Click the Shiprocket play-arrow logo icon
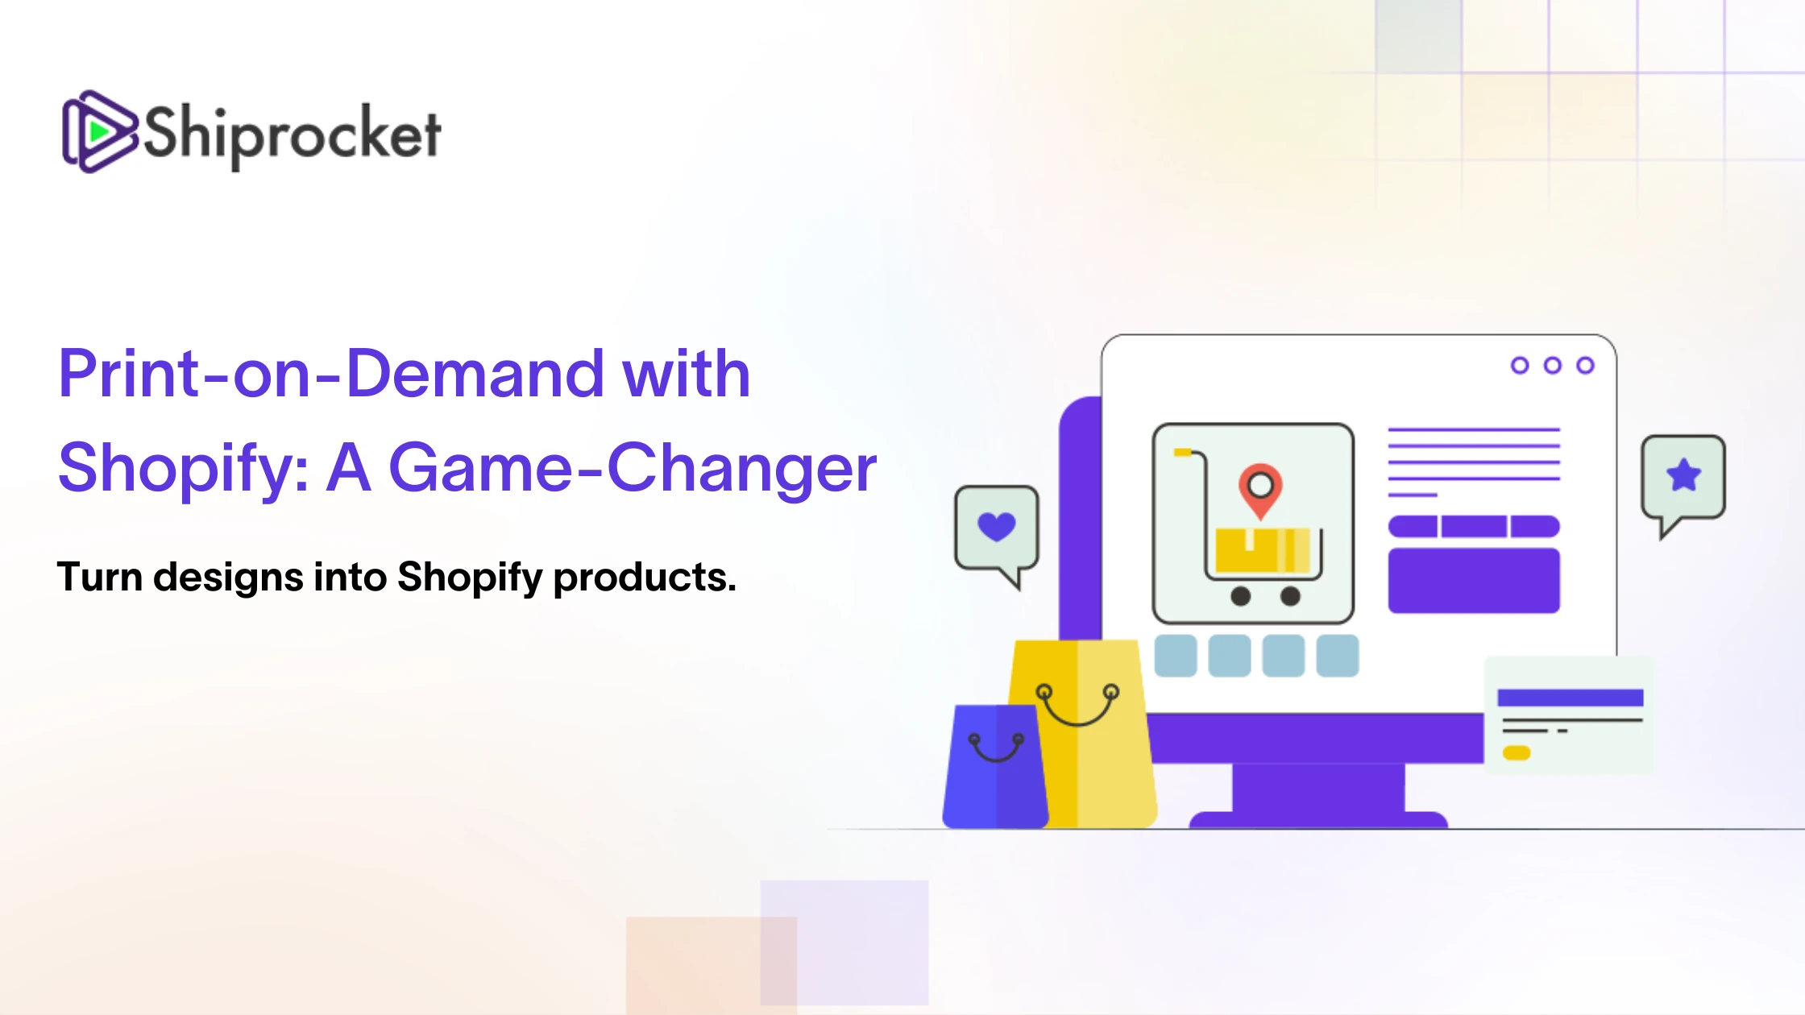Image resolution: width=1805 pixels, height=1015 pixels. [99, 131]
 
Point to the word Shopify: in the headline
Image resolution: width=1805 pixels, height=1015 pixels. [184, 469]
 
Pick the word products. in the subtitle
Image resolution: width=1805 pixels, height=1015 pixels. [645, 578]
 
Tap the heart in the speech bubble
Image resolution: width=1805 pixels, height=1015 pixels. [997, 527]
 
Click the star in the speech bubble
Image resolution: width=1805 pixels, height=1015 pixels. [1684, 475]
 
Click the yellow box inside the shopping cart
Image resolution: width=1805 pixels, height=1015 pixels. [1263, 549]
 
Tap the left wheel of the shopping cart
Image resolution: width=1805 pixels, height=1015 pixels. [1241, 596]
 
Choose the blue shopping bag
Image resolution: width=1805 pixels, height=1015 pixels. [996, 767]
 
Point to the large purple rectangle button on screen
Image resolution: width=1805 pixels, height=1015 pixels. [1474, 580]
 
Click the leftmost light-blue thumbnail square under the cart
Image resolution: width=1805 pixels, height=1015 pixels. [1176, 655]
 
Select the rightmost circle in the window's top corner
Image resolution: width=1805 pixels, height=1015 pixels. [1585, 366]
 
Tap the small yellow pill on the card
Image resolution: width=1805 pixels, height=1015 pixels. [1517, 753]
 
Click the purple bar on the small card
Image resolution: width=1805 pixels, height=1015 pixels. [1571, 698]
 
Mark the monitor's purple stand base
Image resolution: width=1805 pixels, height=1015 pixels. [1318, 820]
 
